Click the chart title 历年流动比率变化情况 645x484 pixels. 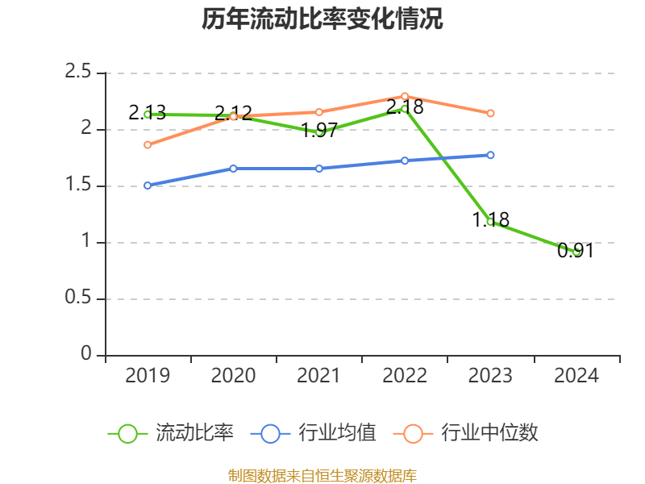click(x=322, y=19)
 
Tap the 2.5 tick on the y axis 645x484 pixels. click(x=78, y=73)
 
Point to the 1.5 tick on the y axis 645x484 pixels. click(x=78, y=186)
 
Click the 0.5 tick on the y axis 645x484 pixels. click(x=78, y=298)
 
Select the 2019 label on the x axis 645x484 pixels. click(x=148, y=376)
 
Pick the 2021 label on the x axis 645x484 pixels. click(x=319, y=376)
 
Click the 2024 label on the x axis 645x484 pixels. click(x=576, y=376)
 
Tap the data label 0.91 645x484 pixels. click(x=576, y=251)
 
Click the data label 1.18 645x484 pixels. click(x=490, y=219)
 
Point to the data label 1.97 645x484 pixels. click(x=319, y=131)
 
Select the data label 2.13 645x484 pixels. click(x=148, y=113)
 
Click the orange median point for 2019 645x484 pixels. click(x=148, y=145)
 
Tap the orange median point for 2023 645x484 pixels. click(x=491, y=114)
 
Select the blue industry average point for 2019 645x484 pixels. click(x=148, y=186)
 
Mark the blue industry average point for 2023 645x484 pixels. click(x=491, y=155)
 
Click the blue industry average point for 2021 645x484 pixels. click(x=319, y=169)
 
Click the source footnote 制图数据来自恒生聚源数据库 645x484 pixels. click(x=322, y=475)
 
